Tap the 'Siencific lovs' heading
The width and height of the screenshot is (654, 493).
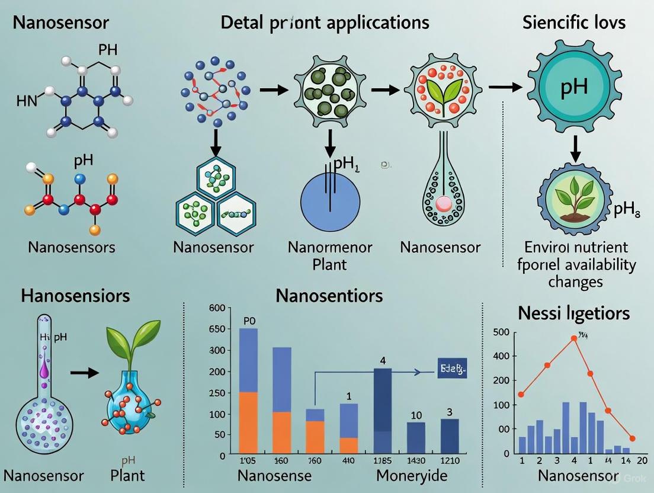pos(574,23)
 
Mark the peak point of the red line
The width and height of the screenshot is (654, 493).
pos(573,338)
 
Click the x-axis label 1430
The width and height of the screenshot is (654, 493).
pos(416,460)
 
